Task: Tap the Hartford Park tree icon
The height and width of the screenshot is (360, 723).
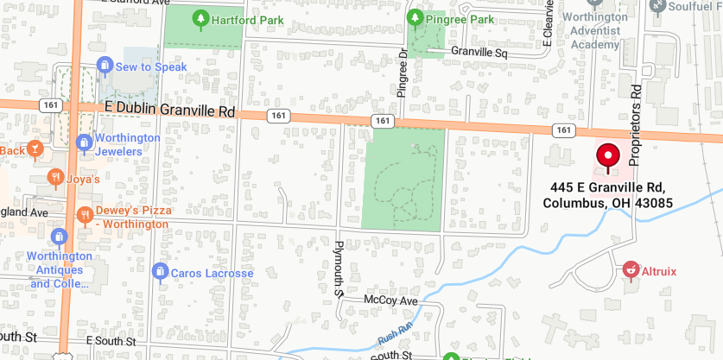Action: click(200, 17)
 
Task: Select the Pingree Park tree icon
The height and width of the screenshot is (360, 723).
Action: click(415, 18)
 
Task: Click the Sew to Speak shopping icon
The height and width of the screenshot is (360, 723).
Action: click(105, 66)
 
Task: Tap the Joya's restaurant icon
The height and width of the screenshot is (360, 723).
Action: click(55, 179)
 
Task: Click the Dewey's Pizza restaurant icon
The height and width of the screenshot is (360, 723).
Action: click(85, 214)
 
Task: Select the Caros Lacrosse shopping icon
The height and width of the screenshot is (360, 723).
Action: click(159, 273)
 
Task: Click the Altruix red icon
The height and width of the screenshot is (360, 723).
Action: click(631, 270)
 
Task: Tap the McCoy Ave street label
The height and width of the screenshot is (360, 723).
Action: click(390, 300)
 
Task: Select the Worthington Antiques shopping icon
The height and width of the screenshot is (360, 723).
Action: click(59, 236)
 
